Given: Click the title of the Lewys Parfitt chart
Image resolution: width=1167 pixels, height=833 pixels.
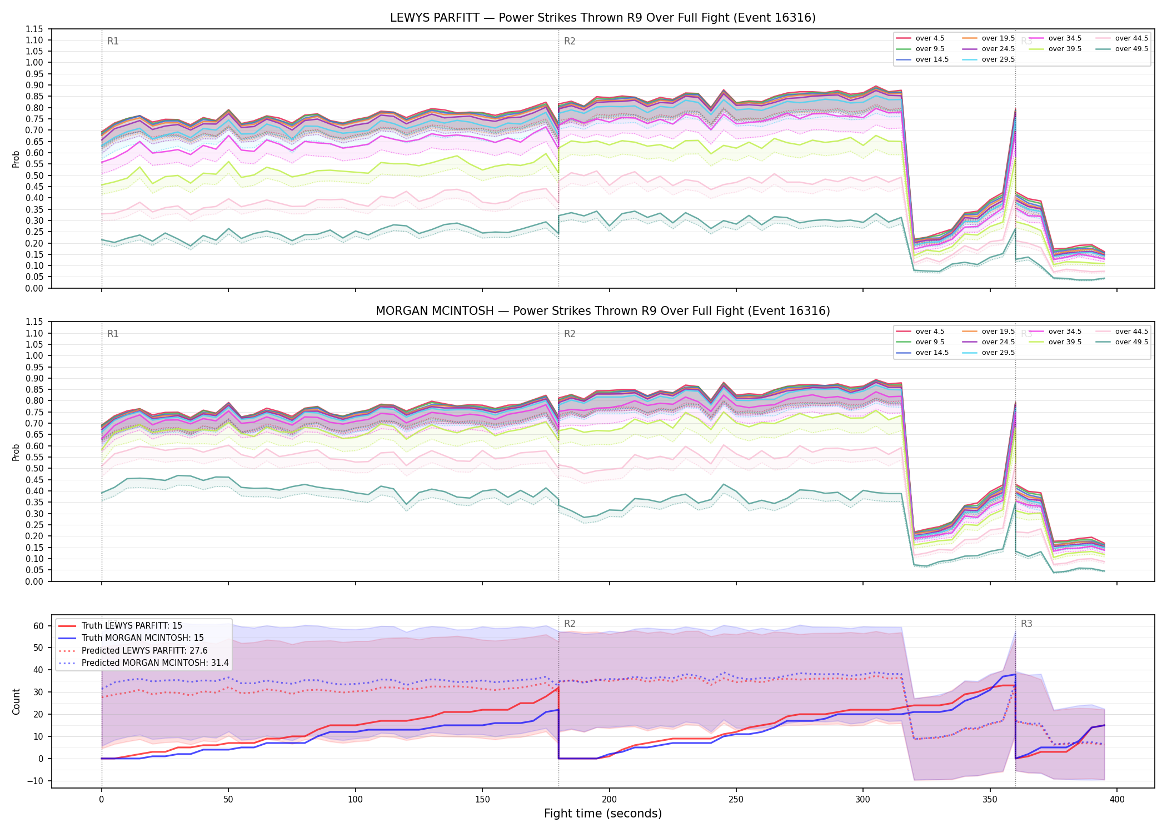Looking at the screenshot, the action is tap(603, 18).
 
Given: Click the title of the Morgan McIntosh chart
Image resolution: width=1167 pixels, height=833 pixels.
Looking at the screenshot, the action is tap(603, 311).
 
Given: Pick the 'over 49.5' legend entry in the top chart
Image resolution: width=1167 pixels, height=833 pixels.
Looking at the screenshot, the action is tap(1122, 49).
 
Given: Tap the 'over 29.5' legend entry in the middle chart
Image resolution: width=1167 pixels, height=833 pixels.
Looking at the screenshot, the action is tap(989, 353).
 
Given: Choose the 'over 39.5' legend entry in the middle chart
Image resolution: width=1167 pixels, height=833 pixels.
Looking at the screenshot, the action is tap(1055, 342).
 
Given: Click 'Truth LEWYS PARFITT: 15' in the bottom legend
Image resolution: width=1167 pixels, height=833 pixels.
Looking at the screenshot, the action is tap(120, 625).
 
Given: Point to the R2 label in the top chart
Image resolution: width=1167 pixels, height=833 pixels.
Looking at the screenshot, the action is tap(570, 41).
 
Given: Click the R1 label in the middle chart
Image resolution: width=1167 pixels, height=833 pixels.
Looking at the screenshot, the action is tap(113, 334).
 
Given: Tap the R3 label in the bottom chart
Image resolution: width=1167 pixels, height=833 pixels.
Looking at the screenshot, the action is tap(1026, 624).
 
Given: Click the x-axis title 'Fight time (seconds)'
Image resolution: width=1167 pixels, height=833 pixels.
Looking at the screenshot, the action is tap(603, 814).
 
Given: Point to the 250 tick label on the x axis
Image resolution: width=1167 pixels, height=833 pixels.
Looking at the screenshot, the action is tap(736, 800).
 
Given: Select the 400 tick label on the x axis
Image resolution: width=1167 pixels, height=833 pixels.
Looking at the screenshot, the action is tap(1117, 800).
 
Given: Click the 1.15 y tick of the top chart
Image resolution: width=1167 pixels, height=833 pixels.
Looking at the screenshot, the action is tap(34, 29).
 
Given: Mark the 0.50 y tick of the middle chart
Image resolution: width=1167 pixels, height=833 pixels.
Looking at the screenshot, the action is tap(34, 469).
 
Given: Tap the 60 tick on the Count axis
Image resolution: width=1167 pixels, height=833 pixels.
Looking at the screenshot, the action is tap(38, 626).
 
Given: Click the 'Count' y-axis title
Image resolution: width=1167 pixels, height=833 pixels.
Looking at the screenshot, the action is tap(16, 702).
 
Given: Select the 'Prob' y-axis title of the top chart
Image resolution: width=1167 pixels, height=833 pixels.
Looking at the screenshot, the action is tap(16, 159).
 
